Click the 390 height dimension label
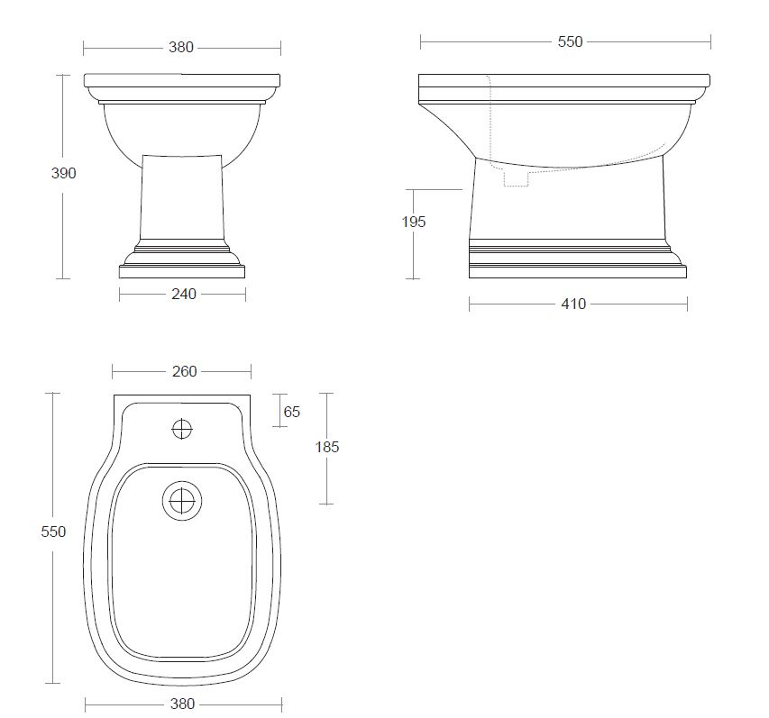click(64, 173)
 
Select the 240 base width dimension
click(184, 294)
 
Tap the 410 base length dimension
click(573, 304)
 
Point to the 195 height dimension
click(414, 222)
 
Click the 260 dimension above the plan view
click(185, 371)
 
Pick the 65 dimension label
click(291, 413)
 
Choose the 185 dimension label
click(326, 447)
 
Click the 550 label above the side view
click(570, 41)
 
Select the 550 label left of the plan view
click(53, 532)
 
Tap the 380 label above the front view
click(181, 47)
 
